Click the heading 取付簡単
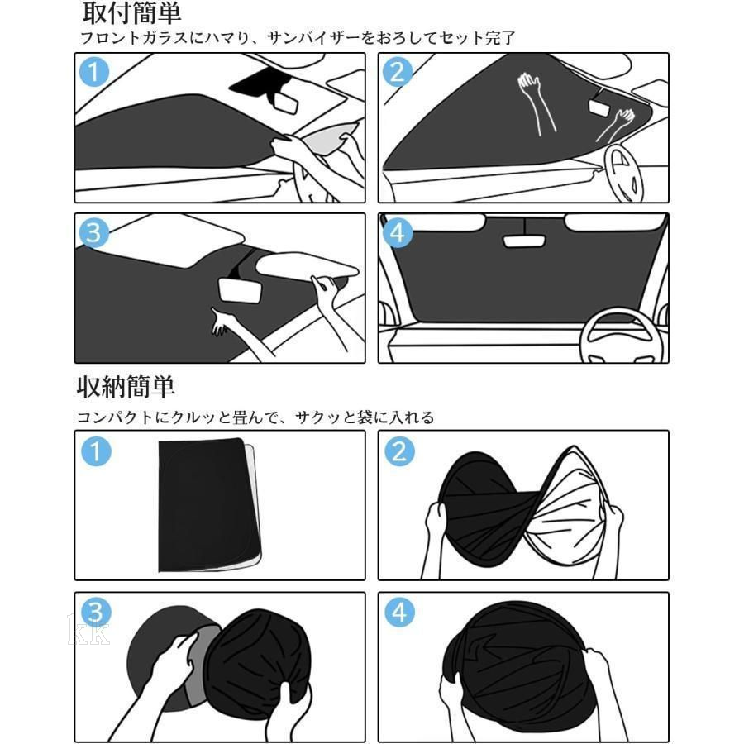(x=132, y=13)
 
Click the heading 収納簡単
(x=126, y=387)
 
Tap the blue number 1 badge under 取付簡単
(x=94, y=72)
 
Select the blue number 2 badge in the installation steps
(x=398, y=72)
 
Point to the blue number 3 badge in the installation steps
(x=94, y=233)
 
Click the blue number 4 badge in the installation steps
(x=398, y=233)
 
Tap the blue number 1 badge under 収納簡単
(x=97, y=451)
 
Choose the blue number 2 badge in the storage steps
(x=399, y=451)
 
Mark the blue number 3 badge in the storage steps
(x=97, y=612)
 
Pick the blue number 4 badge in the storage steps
(x=399, y=612)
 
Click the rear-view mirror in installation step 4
(x=524, y=241)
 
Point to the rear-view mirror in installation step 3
(x=240, y=290)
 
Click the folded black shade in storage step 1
(x=209, y=505)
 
